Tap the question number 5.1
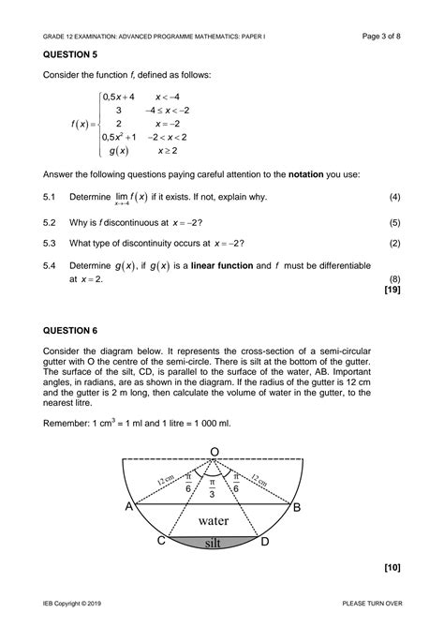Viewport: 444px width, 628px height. (x=50, y=198)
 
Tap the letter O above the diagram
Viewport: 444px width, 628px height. (x=215, y=453)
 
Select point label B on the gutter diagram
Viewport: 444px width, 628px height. (x=297, y=507)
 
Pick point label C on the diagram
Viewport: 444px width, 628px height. (x=161, y=541)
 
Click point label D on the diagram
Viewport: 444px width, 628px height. (x=265, y=541)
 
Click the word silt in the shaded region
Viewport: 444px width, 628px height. (x=215, y=542)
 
